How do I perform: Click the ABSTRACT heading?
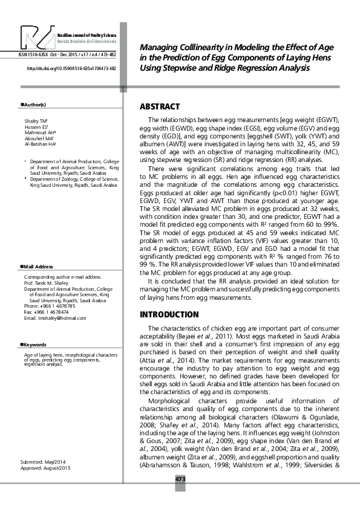[x=160, y=106]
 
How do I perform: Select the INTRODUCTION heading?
[x=169, y=315]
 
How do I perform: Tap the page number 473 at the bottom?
[x=180, y=479]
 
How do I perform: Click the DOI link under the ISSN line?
[x=71, y=69]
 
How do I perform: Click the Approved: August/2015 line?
[x=46, y=468]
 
